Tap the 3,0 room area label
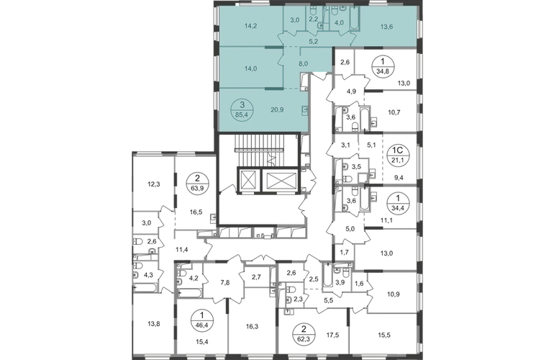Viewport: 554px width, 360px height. tap(294, 21)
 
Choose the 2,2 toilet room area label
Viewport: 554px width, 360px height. tap(313, 21)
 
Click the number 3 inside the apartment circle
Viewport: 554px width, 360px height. tap(232, 103)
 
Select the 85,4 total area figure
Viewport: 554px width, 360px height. tap(232, 112)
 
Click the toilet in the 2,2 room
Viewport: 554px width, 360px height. tap(314, 12)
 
